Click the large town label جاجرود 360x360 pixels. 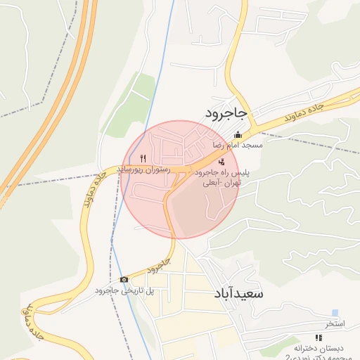pyautogui.click(x=226, y=112)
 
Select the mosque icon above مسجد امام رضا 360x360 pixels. pyautogui.click(x=238, y=135)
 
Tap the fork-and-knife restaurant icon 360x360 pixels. pyautogui.click(x=143, y=158)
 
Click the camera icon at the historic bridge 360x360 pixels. pyautogui.click(x=124, y=280)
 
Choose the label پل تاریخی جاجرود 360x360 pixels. pyautogui.click(x=124, y=290)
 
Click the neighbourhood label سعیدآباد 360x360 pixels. pyautogui.click(x=236, y=292)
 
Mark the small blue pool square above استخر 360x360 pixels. pyautogui.click(x=335, y=313)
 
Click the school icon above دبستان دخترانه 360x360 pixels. pyautogui.click(x=319, y=338)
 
